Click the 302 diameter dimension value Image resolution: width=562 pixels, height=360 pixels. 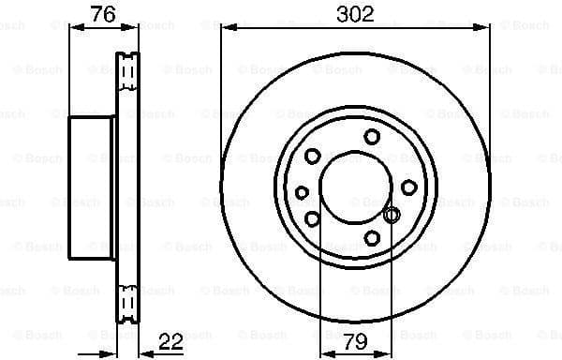point(355,13)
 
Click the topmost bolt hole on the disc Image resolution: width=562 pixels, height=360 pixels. point(372,137)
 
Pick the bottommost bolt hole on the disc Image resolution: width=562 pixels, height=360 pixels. point(372,239)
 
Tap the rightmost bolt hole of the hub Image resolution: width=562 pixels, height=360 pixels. point(408,187)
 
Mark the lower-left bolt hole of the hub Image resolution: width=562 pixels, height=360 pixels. point(313,219)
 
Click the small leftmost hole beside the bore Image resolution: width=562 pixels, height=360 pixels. point(302,192)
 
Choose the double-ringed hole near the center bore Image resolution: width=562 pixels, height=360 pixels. point(392,217)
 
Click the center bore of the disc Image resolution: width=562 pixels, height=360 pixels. point(355,187)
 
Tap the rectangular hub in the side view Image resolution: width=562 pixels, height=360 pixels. point(91,187)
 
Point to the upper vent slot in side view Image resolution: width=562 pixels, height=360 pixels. point(126,68)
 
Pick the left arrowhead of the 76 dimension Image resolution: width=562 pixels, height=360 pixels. point(76,28)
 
